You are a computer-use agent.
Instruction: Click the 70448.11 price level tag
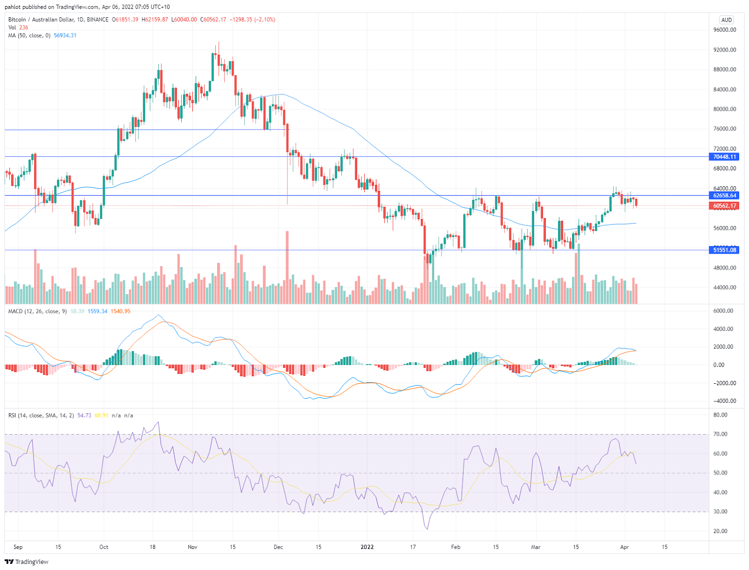(x=725, y=157)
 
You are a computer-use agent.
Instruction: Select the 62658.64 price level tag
(x=725, y=196)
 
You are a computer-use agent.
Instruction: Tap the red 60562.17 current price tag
(x=725, y=206)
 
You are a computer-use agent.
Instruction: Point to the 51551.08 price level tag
(x=725, y=250)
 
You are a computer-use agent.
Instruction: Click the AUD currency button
(x=727, y=20)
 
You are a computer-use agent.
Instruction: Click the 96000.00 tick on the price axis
(x=725, y=30)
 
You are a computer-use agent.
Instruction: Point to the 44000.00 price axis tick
(x=725, y=288)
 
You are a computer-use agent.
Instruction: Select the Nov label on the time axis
(x=192, y=547)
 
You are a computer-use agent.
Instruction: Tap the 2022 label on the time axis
(x=367, y=547)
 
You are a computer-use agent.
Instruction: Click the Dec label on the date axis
(x=279, y=547)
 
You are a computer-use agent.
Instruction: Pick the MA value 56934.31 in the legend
(x=65, y=36)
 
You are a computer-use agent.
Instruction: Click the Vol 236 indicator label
(x=18, y=28)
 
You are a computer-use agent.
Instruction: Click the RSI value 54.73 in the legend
(x=84, y=416)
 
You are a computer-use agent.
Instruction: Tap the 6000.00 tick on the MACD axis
(x=723, y=311)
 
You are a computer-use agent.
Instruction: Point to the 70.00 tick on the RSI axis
(x=720, y=434)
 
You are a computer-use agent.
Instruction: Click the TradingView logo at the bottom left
(x=27, y=562)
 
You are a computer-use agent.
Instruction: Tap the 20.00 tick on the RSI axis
(x=720, y=531)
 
